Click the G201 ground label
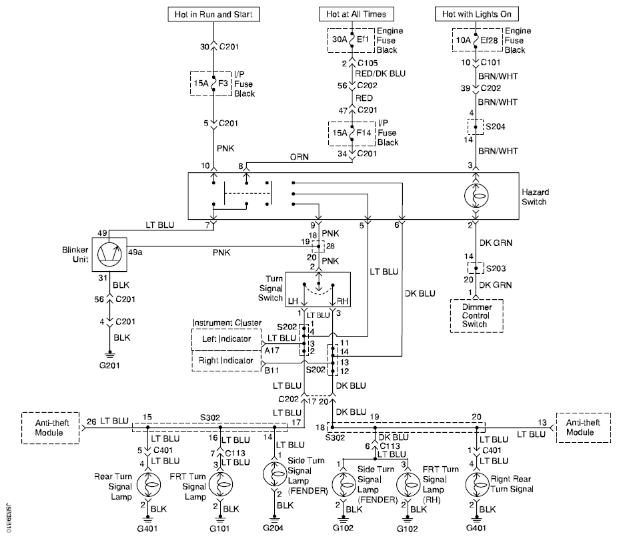point(109,365)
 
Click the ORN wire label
point(299,157)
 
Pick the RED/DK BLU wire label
point(380,73)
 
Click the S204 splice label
point(496,127)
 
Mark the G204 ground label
point(273,528)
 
